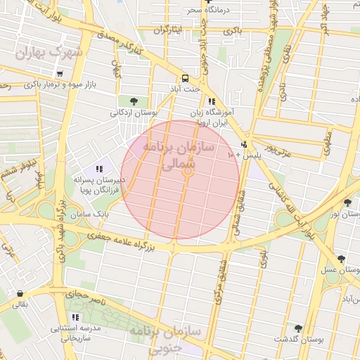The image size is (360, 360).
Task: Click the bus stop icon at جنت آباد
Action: pos(185,78)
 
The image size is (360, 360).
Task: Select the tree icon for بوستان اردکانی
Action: pos(134,101)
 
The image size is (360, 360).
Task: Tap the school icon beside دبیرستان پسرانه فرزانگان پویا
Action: pos(99,169)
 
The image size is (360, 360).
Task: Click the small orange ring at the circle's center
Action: pos(188,172)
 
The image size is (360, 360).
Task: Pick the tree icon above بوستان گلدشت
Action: pos(299,328)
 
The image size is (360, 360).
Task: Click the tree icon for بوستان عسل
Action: pos(341,259)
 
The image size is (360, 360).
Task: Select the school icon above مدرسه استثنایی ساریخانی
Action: pos(75,318)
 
